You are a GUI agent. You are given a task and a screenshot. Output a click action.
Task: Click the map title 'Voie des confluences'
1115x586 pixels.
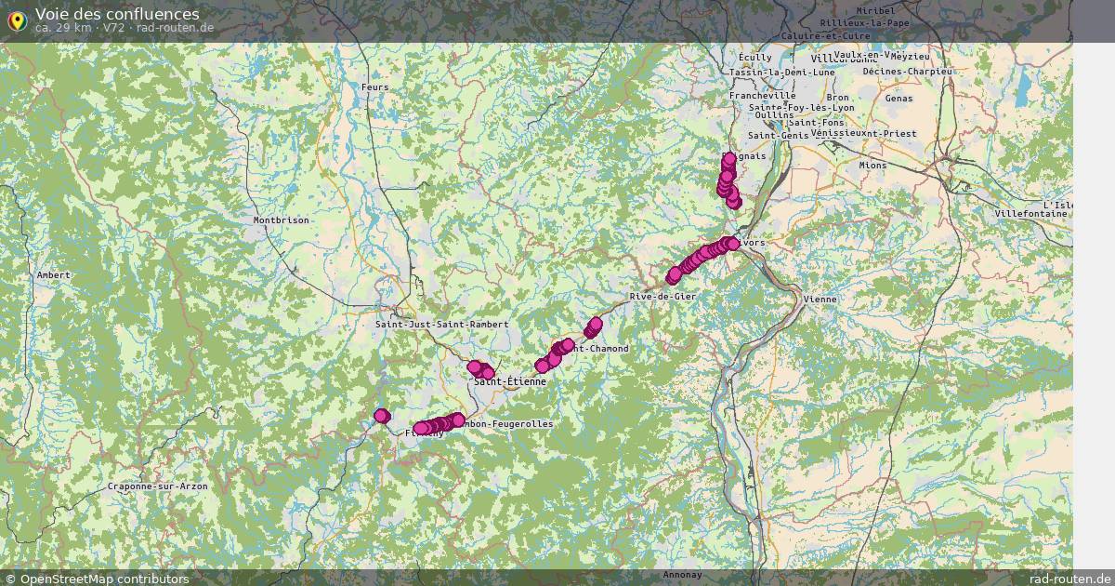(117, 14)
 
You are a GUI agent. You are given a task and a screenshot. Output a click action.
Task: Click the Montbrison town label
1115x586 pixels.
(281, 220)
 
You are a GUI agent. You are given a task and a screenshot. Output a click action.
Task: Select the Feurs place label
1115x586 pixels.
(374, 87)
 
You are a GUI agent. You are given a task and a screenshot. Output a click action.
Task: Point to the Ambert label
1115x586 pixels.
(53, 275)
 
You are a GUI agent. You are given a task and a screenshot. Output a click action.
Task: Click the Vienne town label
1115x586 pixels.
(820, 300)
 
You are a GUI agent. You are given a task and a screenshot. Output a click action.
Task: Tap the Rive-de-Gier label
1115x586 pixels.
(662, 296)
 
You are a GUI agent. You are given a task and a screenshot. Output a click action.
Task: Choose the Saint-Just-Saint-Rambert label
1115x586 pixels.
(441, 325)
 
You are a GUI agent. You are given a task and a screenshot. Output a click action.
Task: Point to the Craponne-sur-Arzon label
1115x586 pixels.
(157, 486)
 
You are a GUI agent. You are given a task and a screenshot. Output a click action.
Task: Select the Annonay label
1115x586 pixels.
(683, 575)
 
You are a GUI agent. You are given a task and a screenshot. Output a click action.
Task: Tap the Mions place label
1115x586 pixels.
(872, 166)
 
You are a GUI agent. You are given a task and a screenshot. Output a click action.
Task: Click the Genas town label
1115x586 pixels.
(899, 98)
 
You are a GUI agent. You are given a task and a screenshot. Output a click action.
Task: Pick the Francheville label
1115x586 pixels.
(762, 96)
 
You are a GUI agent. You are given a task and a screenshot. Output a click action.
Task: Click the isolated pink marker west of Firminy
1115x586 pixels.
(382, 416)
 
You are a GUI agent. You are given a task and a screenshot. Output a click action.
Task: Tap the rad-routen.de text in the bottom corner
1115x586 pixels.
(1069, 579)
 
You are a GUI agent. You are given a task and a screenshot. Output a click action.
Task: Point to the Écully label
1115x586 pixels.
(755, 57)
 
